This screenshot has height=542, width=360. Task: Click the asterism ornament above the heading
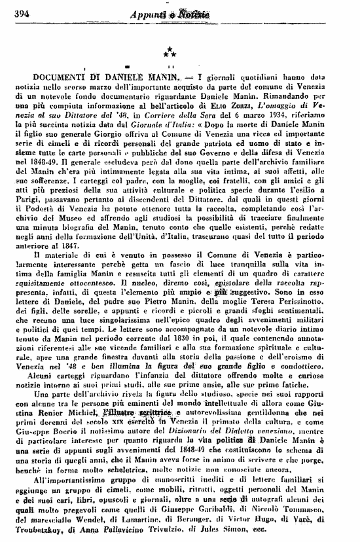pyautogui.click(x=169, y=50)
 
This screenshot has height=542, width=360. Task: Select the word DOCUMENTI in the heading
pyautogui.click(x=58, y=78)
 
